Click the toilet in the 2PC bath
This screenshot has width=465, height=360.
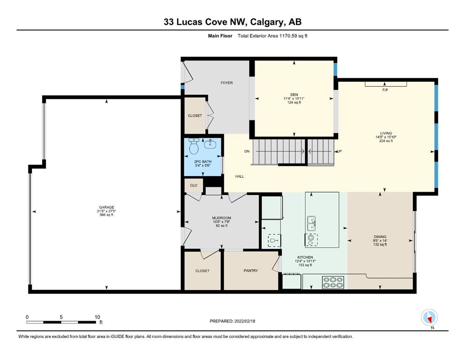(x=194, y=146)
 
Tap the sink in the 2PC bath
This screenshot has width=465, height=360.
(x=210, y=144)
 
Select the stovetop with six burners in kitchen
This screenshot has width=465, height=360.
(x=333, y=282)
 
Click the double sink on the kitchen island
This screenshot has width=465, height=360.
(x=311, y=223)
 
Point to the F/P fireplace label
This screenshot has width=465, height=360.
(x=385, y=90)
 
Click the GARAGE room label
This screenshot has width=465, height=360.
(x=106, y=207)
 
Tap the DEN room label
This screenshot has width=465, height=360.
(x=294, y=95)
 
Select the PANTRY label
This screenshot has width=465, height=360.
(x=251, y=270)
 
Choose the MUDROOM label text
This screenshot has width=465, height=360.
(x=221, y=218)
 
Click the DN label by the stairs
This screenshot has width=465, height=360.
(x=247, y=151)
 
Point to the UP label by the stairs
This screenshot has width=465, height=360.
(x=340, y=151)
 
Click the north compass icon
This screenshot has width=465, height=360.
(x=429, y=318)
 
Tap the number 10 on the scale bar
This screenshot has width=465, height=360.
(x=97, y=317)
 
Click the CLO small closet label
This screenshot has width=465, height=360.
(x=194, y=185)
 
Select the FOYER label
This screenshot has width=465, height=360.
(x=227, y=83)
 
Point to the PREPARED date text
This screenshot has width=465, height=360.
(x=232, y=321)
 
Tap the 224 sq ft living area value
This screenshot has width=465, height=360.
(x=386, y=141)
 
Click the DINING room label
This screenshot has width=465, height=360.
(x=380, y=237)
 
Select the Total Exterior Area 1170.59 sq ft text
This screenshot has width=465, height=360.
(x=273, y=36)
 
